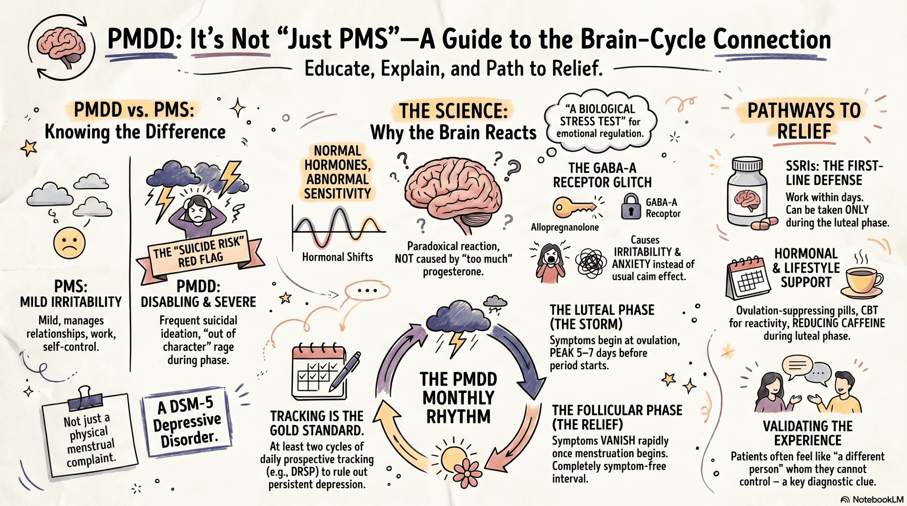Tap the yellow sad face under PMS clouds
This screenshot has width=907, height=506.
coord(69,244)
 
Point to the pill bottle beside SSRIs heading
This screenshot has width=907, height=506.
coord(748,193)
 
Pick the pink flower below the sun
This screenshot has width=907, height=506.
coord(467,473)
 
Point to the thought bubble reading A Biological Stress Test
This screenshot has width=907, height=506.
coord(600,121)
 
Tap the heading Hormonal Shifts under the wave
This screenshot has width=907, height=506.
coord(337,257)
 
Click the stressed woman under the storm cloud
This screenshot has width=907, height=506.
coord(197,216)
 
